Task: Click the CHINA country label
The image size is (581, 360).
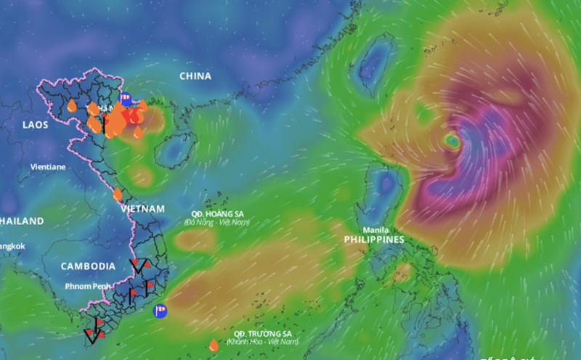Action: (x=195, y=75)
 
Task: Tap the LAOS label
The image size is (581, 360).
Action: (x=35, y=125)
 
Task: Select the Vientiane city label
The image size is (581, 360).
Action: (x=48, y=166)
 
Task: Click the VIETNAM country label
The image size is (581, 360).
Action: (x=142, y=208)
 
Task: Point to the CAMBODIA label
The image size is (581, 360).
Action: (x=88, y=266)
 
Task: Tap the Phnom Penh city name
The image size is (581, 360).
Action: (x=88, y=286)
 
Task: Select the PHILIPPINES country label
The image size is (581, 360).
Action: (x=374, y=239)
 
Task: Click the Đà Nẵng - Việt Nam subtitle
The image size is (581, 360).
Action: (x=216, y=222)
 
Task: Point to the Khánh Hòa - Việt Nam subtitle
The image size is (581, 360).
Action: (x=263, y=341)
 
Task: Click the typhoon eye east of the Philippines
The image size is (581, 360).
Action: (x=452, y=141)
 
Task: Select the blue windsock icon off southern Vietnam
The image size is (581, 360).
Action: (x=160, y=311)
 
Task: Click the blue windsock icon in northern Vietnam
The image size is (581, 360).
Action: (x=124, y=99)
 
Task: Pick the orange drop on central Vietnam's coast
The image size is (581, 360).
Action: (x=118, y=194)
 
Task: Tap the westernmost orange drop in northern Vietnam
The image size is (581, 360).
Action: (x=71, y=106)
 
